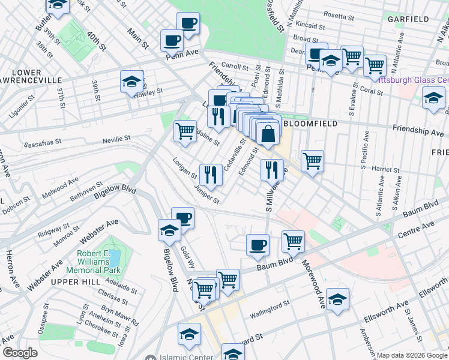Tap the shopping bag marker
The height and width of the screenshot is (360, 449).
(268, 134)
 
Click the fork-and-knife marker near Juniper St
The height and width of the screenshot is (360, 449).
(210, 174)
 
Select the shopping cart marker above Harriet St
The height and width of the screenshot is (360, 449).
(312, 161)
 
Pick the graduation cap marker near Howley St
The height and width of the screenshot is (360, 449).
(131, 82)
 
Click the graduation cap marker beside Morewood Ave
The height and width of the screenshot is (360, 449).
(338, 299)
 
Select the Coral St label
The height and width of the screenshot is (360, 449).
(372, 91)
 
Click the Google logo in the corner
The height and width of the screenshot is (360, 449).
(20, 352)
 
